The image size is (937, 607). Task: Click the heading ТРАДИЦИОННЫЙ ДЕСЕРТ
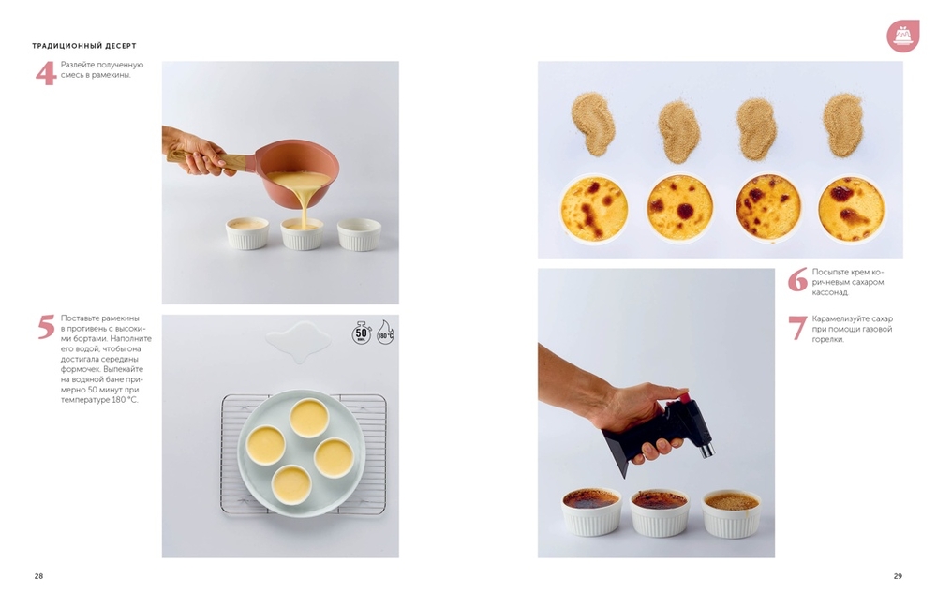point(84,45)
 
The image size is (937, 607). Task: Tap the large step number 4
point(45,73)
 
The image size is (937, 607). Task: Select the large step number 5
point(46,327)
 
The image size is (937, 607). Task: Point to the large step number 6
point(797,279)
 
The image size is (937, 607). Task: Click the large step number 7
point(797,328)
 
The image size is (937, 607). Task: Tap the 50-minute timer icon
point(362,333)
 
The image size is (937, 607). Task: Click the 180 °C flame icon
point(385,333)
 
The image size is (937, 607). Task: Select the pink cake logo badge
point(902,36)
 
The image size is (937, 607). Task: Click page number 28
point(38,576)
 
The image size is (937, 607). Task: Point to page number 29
point(898,576)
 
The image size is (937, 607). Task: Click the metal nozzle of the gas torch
point(706,448)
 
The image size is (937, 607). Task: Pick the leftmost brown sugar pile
point(592,124)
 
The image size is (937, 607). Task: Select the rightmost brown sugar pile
point(842,125)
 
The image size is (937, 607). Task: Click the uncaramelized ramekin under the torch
point(732,514)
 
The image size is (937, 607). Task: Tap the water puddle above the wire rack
point(299,342)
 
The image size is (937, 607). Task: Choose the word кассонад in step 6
point(829,292)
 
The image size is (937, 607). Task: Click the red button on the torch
point(683,397)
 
